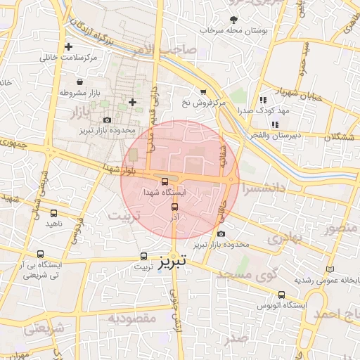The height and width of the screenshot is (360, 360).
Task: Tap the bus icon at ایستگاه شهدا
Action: coord(165,181)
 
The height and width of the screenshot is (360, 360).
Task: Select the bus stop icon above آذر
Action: coord(174,207)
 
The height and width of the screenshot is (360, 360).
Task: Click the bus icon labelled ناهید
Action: coord(54,213)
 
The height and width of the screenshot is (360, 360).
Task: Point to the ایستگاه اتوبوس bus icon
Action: coord(282,295)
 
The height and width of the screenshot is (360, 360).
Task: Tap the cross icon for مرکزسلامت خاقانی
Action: coord(68,47)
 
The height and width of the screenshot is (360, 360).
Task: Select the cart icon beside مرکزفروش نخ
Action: coord(203,92)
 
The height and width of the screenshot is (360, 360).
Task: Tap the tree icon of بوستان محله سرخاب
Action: coord(233,20)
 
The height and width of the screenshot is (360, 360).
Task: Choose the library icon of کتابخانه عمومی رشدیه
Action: coord(330,270)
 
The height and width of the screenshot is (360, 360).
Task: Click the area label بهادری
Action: coord(283,238)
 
